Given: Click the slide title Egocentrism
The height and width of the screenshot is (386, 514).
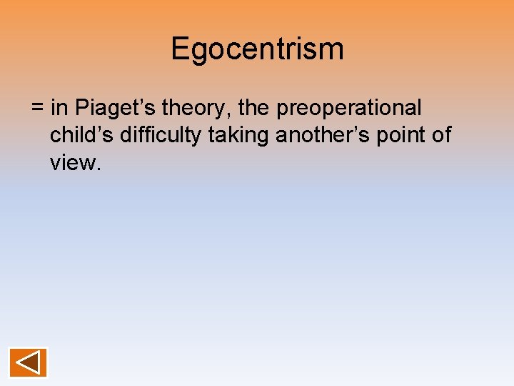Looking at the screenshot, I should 257,49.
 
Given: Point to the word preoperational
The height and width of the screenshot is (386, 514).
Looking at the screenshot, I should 349,109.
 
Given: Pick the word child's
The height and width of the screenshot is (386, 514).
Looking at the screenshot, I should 81,135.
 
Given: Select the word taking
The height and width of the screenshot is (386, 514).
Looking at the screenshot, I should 238,135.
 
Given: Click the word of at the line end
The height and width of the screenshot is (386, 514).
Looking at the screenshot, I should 443,135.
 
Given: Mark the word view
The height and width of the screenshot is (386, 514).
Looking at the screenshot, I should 74,162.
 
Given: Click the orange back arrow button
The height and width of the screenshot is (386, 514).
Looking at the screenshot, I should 28,362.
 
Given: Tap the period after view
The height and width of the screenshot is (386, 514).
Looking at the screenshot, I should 101,169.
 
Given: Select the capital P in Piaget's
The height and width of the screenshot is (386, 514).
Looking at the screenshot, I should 81,109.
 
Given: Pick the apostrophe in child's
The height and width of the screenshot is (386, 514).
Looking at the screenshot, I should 99,129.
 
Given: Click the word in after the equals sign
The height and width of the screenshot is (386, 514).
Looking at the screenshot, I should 60,109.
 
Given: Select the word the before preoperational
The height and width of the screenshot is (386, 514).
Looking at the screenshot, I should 254,109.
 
